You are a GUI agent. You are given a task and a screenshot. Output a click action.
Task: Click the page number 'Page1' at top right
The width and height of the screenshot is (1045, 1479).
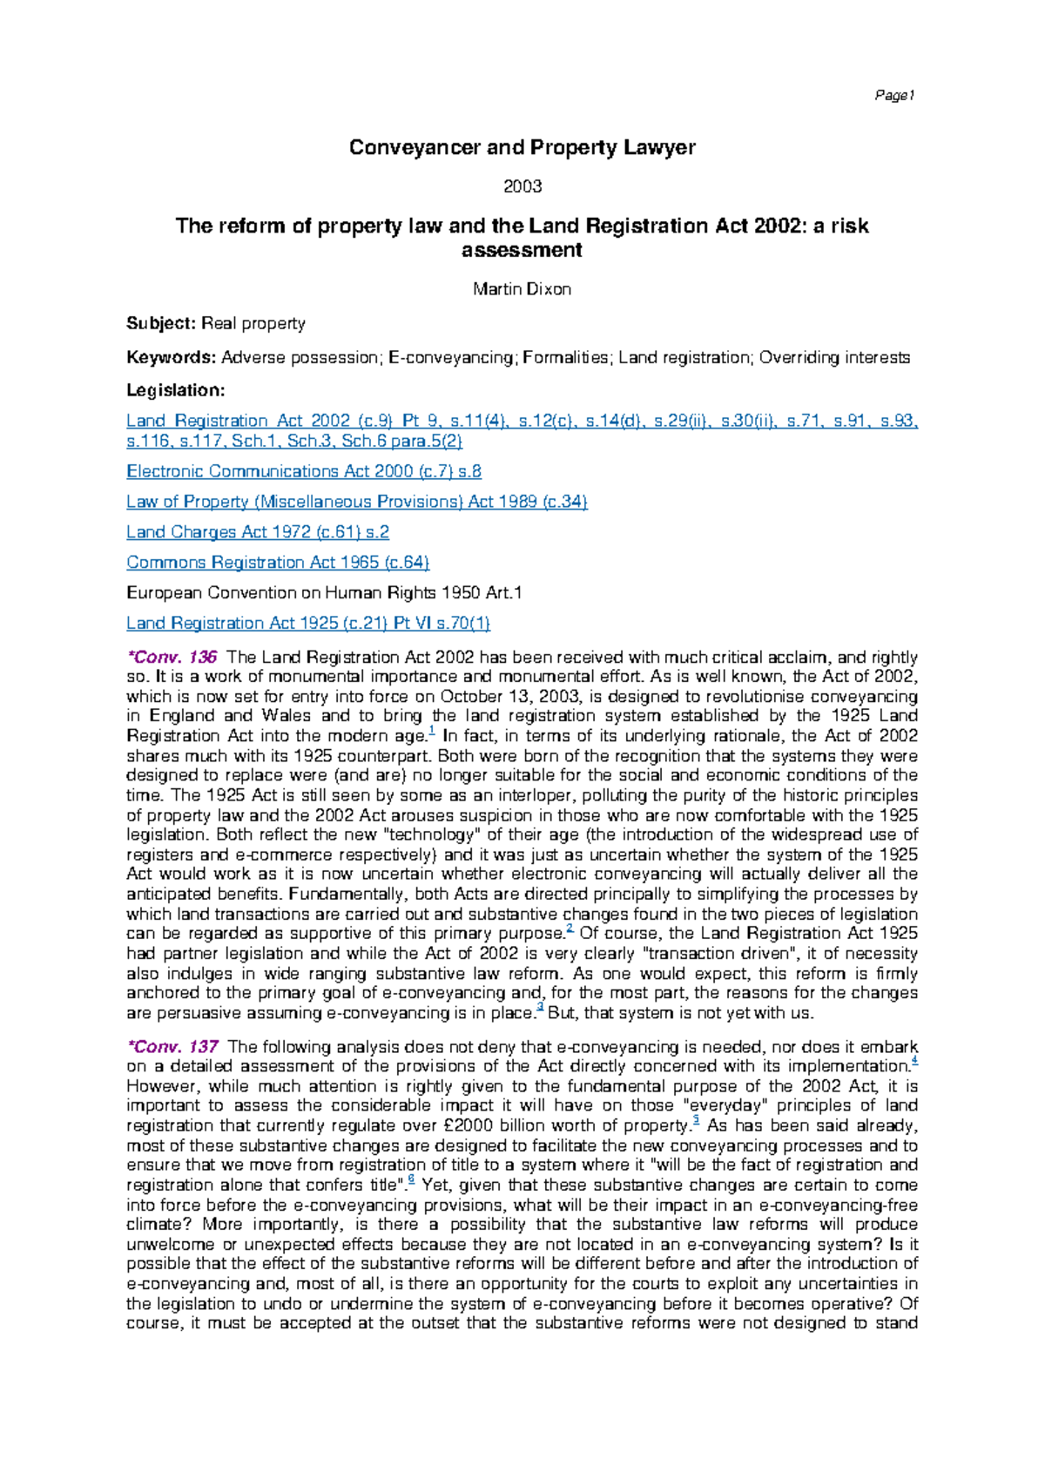[894, 96]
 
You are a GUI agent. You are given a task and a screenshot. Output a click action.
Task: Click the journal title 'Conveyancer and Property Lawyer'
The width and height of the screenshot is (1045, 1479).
[522, 147]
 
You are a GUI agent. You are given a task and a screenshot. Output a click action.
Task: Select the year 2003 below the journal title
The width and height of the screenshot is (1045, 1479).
[522, 186]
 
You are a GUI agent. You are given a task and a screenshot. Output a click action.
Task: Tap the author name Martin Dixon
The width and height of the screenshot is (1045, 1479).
[522, 289]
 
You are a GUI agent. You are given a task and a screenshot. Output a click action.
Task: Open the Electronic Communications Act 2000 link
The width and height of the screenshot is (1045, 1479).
[304, 471]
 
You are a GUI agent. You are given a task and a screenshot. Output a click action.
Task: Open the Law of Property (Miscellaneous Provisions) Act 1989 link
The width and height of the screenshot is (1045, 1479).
[357, 502]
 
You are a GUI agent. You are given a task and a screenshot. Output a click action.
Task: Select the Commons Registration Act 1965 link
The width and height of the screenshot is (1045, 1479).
[278, 563]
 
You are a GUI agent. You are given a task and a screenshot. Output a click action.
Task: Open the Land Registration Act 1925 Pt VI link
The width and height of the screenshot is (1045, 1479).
[308, 623]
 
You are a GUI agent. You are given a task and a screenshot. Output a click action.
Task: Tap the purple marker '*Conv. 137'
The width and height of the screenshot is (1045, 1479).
[172, 1047]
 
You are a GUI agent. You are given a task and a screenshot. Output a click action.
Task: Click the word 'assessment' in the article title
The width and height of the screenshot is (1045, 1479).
[522, 250]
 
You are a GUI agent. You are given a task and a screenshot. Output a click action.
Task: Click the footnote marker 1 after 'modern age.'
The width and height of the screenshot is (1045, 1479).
[432, 732]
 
